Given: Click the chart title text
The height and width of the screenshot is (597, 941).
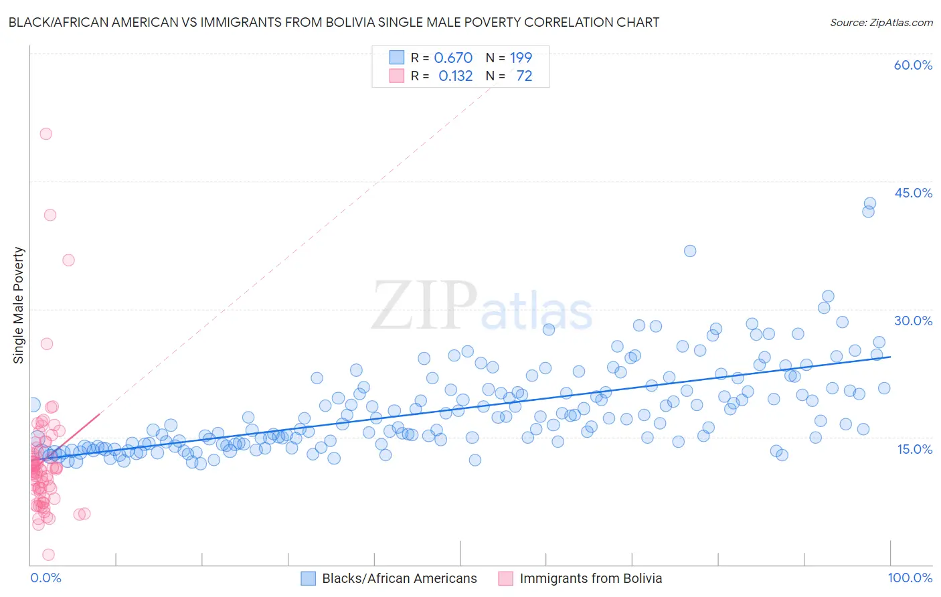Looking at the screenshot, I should (x=333, y=22).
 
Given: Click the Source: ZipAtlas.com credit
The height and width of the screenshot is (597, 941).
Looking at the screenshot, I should (x=881, y=22).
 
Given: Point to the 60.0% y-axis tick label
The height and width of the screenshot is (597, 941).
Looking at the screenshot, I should (x=913, y=65).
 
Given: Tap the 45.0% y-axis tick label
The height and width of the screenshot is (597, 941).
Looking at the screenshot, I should (x=913, y=193).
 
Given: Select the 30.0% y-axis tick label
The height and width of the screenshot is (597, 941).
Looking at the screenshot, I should (x=913, y=321).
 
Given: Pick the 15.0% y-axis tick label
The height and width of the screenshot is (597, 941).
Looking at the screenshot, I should (x=914, y=449).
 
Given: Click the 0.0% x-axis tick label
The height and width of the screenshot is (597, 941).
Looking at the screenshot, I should (x=46, y=578).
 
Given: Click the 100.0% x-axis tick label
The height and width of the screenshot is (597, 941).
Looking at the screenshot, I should (x=910, y=578).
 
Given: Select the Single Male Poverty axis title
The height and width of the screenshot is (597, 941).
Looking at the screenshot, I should (x=18, y=305).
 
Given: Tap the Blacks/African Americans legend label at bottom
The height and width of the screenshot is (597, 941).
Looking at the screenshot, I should (x=400, y=578).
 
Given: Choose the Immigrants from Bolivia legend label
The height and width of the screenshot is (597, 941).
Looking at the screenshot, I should (x=590, y=578).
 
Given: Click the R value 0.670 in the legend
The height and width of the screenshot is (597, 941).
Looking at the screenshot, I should (x=453, y=58).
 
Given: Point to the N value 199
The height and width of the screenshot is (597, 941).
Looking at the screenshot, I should (x=521, y=58).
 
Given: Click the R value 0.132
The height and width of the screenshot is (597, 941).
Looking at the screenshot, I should (x=455, y=76).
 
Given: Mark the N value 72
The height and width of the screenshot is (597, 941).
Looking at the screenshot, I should (x=524, y=76).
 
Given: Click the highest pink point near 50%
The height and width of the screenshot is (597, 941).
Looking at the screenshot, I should (x=46, y=133).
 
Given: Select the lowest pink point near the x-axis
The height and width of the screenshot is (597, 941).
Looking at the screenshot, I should (x=48, y=554).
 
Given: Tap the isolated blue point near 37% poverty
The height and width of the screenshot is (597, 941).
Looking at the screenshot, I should (x=690, y=251).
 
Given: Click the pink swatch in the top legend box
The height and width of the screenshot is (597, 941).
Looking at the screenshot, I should (x=397, y=76).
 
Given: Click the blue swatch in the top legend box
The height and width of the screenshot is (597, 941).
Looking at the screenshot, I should (x=397, y=58).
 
